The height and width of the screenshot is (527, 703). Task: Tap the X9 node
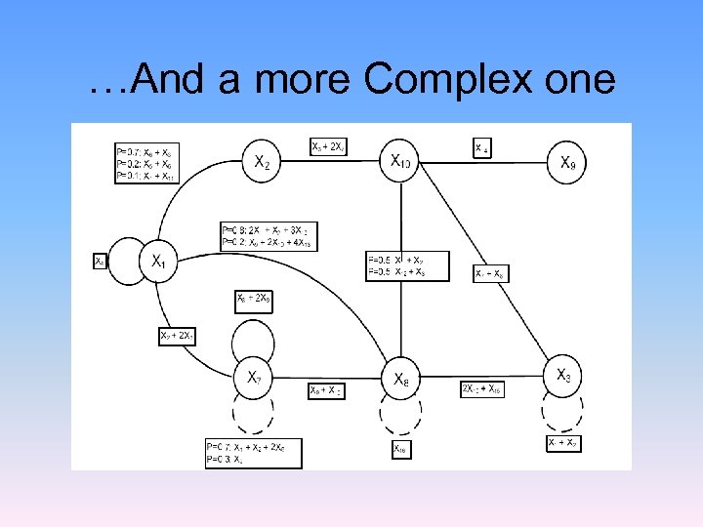pyautogui.click(x=567, y=162)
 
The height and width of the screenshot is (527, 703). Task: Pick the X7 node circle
pyautogui.click(x=254, y=376)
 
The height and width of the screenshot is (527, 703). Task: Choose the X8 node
pyautogui.click(x=401, y=378)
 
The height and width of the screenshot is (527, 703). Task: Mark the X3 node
pyautogui.click(x=564, y=375)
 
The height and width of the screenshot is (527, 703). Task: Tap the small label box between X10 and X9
pyautogui.click(x=482, y=148)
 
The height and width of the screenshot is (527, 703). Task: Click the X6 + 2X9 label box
pyautogui.click(x=254, y=301)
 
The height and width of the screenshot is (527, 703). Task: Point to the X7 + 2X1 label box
pyautogui.click(x=178, y=336)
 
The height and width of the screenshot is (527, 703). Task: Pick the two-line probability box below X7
pyautogui.click(x=253, y=453)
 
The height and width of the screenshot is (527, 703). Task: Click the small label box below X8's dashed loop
pyautogui.click(x=400, y=449)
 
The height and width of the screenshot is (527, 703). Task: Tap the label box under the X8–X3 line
pyautogui.click(x=482, y=389)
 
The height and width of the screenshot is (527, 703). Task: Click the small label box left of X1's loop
pyautogui.click(x=99, y=262)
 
